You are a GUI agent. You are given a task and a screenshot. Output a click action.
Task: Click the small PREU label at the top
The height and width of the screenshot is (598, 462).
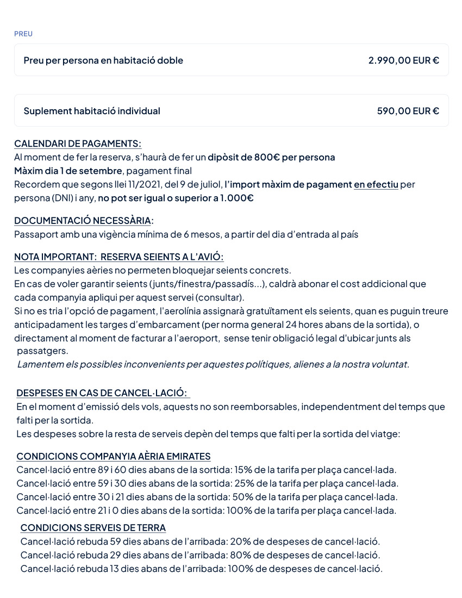pyautogui.click(x=23, y=34)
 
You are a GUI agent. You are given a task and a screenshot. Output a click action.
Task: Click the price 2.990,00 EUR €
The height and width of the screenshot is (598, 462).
pyautogui.click(x=403, y=60)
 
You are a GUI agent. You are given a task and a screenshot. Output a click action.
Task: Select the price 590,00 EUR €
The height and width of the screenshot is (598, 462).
pyautogui.click(x=408, y=111)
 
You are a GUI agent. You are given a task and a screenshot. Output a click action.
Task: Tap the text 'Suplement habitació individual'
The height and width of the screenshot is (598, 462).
pyautogui.click(x=92, y=111)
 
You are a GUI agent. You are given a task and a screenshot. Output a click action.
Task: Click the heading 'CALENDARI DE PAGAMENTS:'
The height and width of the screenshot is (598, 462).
pyautogui.click(x=78, y=144)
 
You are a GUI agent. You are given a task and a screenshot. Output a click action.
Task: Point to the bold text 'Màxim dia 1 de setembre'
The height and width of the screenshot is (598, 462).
pyautogui.click(x=68, y=171)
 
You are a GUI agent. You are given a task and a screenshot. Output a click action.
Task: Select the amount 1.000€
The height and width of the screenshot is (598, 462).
pyautogui.click(x=236, y=198)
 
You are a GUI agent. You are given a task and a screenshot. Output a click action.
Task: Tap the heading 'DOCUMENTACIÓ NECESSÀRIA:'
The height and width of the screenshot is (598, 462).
pyautogui.click(x=84, y=221)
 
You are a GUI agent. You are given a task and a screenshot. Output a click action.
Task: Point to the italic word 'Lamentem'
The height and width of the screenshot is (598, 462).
pyautogui.click(x=40, y=364)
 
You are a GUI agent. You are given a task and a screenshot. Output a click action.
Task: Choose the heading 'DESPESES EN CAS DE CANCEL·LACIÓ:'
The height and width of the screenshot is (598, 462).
pyautogui.click(x=102, y=393)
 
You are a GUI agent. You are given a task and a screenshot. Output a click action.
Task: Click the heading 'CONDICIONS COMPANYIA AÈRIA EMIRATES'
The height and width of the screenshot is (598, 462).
pyautogui.click(x=114, y=456)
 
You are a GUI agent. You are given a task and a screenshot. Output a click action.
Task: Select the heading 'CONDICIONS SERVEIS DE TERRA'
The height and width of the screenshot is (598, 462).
pyautogui.click(x=93, y=528)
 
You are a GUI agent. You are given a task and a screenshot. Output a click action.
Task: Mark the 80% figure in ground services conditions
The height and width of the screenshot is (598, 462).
pyautogui.click(x=240, y=555)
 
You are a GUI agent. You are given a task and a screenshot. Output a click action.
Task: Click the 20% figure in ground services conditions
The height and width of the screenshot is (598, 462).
pyautogui.click(x=240, y=541)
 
